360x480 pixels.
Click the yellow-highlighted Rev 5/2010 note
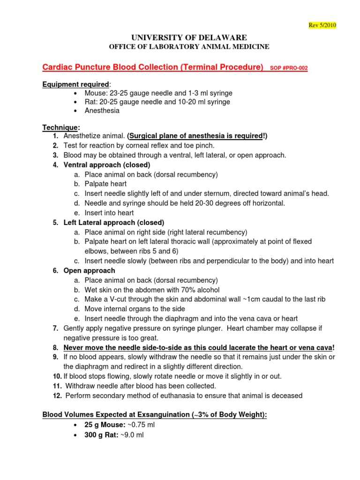[x=322, y=25]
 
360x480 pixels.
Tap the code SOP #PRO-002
[x=289, y=68]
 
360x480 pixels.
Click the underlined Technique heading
[x=60, y=127]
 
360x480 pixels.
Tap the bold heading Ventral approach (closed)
[x=107, y=165]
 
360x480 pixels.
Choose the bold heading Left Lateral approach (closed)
[x=114, y=223]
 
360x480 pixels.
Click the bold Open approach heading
[x=89, y=270]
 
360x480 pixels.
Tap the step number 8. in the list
[x=55, y=347]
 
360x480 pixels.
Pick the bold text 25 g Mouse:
[x=105, y=425]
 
